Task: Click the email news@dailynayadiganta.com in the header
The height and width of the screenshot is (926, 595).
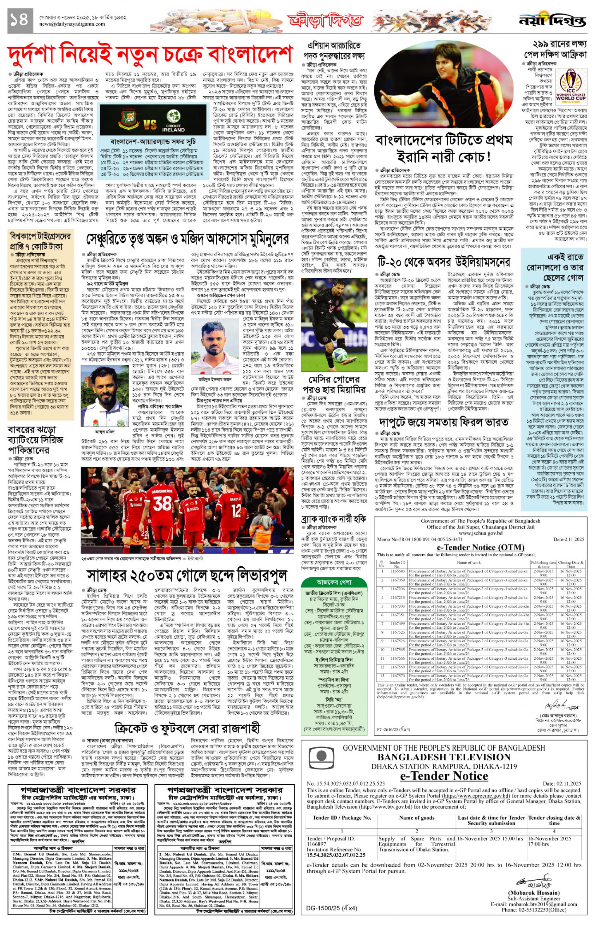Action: click(x=72, y=24)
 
